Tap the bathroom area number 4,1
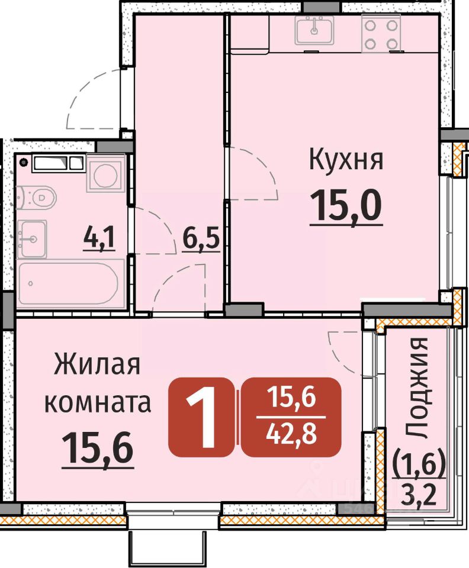click(99, 238)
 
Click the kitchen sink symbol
click(314, 31)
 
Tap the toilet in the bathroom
click(36, 198)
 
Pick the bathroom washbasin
click(32, 238)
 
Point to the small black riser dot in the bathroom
click(24, 162)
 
